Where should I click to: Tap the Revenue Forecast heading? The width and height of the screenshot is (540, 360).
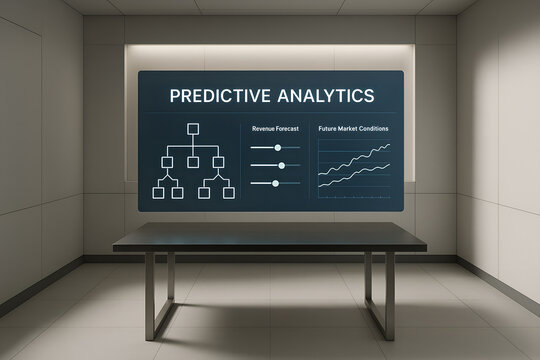[273, 128]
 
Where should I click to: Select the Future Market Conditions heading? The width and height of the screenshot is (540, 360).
[354, 128]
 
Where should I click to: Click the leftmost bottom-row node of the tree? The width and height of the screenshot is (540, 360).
[156, 191]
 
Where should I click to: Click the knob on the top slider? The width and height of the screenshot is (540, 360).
[278, 147]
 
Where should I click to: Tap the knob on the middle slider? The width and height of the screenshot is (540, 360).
[282, 165]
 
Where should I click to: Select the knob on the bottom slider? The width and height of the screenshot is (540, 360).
[273, 183]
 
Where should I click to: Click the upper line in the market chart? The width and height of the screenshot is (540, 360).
[355, 160]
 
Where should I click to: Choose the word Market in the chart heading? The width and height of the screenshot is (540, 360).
[352, 128]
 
